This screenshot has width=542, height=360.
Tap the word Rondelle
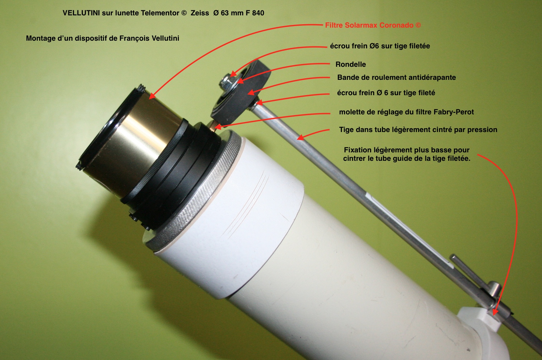(x=350, y=64)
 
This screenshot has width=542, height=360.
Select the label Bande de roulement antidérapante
(x=397, y=78)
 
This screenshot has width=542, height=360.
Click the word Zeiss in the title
(x=200, y=13)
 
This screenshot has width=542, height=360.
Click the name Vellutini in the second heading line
(x=165, y=38)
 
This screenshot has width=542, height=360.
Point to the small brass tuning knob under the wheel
(x=213, y=126)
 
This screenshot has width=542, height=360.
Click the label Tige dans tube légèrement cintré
(x=418, y=130)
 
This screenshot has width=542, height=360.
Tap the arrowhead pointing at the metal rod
(x=301, y=137)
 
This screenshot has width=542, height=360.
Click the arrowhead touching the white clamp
(x=495, y=312)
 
